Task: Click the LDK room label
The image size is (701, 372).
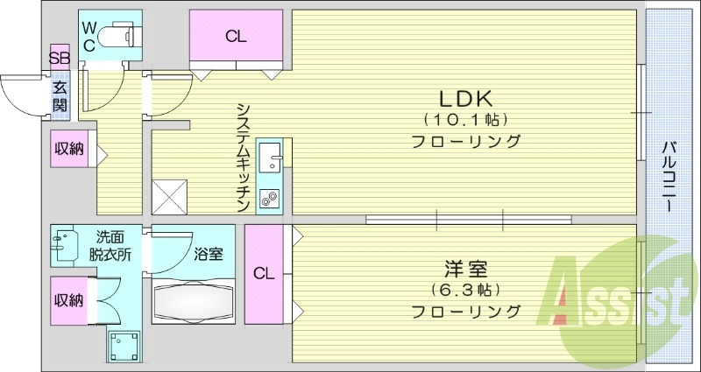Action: point(464,98)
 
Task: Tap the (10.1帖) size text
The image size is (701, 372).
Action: point(465,120)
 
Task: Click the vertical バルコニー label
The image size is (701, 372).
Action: point(668,175)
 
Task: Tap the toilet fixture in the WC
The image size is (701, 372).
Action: point(117,37)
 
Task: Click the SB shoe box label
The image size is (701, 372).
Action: point(59,60)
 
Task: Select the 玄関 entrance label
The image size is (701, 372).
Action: point(60,96)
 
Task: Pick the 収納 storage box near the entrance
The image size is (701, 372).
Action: point(69,149)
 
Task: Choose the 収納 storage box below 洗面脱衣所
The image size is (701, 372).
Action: point(68,300)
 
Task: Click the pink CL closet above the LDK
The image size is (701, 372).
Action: point(235,37)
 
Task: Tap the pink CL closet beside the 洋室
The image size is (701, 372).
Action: point(264,273)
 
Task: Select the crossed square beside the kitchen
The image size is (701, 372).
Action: point(169,196)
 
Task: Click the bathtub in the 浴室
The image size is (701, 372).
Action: point(194,302)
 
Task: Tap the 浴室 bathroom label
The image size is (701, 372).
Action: point(208,256)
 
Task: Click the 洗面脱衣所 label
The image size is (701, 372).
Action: point(110,245)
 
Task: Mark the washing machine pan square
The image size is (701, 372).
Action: point(124,347)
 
